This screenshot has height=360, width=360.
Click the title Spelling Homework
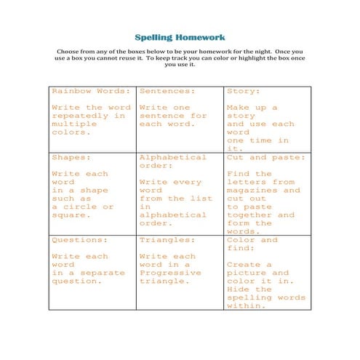tap(180, 37)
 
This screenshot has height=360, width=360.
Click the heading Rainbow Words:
tap(92, 92)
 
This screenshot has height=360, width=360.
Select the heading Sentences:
tap(167, 92)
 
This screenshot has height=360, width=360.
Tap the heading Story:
tap(244, 92)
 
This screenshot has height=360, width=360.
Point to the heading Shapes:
tap(71, 157)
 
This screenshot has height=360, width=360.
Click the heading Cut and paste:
tap(266, 157)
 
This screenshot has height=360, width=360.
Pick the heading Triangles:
tap(167, 240)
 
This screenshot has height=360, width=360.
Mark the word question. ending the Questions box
tap(76, 281)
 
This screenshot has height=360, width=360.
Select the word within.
tap(246, 306)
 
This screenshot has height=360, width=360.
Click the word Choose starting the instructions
tap(69, 50)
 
